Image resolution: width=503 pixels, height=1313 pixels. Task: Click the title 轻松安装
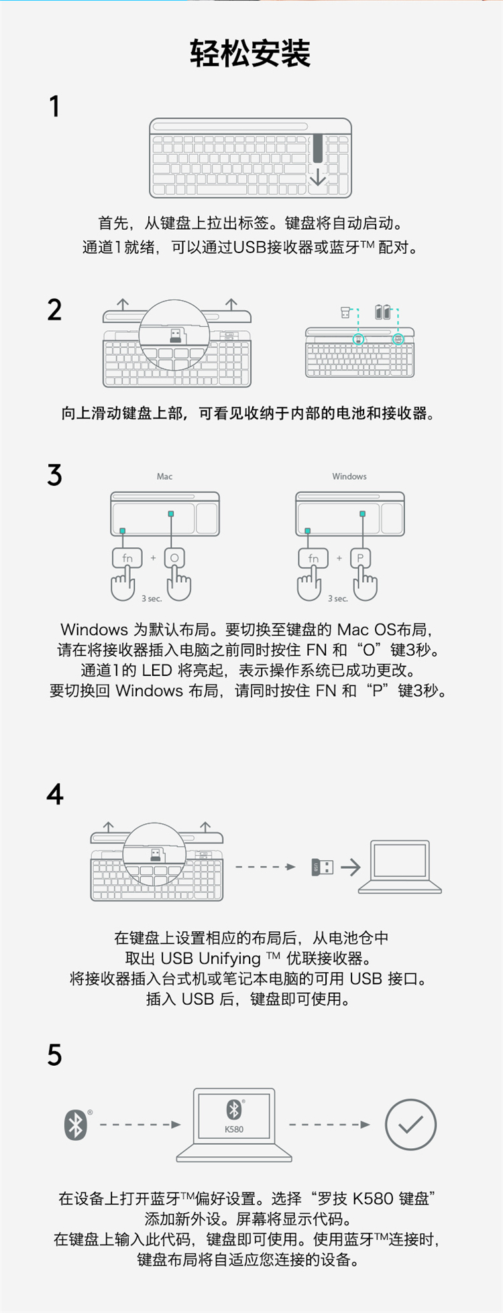[x=250, y=53]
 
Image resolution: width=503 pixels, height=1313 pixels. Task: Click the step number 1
[x=55, y=107]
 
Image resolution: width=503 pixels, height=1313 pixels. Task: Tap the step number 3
[x=54, y=475]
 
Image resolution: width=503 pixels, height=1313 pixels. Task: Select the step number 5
[x=54, y=1055]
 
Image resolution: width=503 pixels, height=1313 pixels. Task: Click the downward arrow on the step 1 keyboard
[x=318, y=176]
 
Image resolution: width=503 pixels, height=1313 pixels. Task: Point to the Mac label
[x=164, y=476]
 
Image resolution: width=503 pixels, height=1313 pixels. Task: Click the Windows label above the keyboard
[x=349, y=476]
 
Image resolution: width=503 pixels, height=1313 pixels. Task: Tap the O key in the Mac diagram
[x=174, y=557]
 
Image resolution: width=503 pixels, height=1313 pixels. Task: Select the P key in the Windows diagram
[x=360, y=557]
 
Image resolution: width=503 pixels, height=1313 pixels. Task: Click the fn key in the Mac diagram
[x=127, y=557]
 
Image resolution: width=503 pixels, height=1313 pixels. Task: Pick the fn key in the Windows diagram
[x=313, y=557]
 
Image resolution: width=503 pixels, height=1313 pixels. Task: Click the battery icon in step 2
[x=383, y=312]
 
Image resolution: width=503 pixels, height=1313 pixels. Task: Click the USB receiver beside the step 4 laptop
[x=323, y=867]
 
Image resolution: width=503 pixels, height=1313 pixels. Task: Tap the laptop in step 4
[x=400, y=867]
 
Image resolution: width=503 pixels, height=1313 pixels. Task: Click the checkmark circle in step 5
[x=411, y=1125]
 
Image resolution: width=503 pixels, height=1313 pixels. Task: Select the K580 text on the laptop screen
[x=234, y=1129]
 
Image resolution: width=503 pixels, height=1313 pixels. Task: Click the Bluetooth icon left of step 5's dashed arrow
[x=76, y=1125]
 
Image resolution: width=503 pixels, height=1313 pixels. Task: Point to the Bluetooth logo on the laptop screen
[x=233, y=1110]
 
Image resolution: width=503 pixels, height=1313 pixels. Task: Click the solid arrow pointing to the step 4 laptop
[x=351, y=867]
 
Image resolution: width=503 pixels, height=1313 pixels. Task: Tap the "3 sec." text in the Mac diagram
[x=152, y=598]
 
